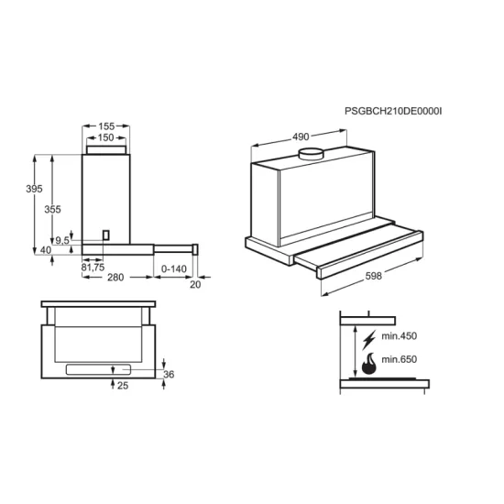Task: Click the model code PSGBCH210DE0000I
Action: click(393, 111)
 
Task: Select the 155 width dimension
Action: click(106, 126)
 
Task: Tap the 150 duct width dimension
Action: click(105, 137)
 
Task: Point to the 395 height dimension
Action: click(34, 189)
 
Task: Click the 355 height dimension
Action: click(52, 209)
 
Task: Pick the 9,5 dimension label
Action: click(62, 240)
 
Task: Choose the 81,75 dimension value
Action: click(93, 267)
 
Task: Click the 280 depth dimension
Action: click(115, 277)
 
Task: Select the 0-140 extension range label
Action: click(173, 268)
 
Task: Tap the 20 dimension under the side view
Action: click(195, 284)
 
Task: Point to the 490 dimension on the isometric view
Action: click(301, 137)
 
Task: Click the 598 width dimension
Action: click(374, 276)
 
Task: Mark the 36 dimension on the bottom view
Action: click(169, 374)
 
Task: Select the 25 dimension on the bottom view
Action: click(123, 386)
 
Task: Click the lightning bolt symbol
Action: click(368, 339)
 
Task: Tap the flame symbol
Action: click(368, 364)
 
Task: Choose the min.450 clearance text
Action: click(399, 336)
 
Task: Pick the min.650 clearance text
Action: click(399, 359)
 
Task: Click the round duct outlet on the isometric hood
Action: click(311, 154)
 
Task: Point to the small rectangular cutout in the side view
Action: click(106, 235)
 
